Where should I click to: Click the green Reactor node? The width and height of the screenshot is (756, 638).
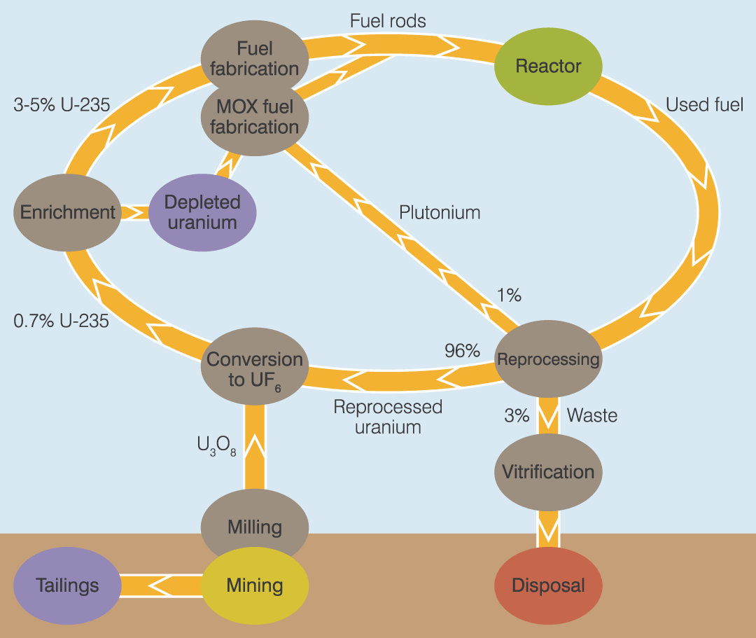(548, 67)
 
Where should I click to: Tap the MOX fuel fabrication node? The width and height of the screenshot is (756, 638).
(254, 118)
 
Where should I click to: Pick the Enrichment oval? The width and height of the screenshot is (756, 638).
(67, 212)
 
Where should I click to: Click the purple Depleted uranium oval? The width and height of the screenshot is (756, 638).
(202, 212)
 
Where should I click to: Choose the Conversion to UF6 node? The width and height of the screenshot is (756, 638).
(255, 369)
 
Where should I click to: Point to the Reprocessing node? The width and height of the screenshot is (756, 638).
(548, 360)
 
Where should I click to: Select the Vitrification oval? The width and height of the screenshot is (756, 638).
(548, 471)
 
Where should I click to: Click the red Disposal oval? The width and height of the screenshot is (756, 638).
(548, 585)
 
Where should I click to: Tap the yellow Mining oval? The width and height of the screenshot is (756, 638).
(255, 586)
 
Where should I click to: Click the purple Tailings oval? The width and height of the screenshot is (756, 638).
(67, 585)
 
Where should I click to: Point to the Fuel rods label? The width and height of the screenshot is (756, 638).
(388, 21)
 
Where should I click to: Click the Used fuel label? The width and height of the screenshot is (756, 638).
(704, 105)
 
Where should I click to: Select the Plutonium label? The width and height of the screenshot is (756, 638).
(440, 212)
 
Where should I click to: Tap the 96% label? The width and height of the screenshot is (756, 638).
(462, 351)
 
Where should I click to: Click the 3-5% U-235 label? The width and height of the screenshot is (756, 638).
(62, 105)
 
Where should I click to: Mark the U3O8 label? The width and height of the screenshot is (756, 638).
(217, 445)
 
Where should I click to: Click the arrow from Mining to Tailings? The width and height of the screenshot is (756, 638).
(161, 585)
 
